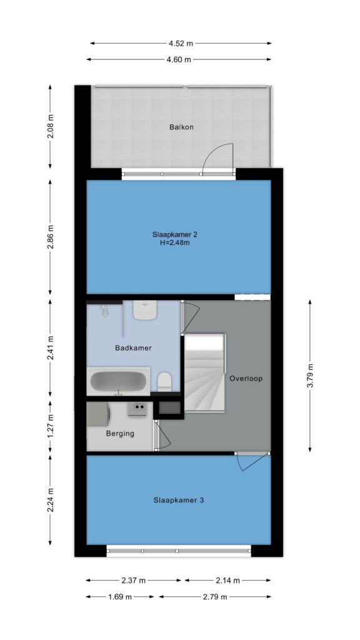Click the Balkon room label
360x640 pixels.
(181, 127)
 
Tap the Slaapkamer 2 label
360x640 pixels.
(175, 235)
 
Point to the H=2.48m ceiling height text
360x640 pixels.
(175, 244)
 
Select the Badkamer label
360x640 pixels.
(133, 348)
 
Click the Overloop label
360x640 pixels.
(246, 378)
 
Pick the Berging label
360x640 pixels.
(120, 434)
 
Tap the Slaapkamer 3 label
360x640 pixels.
(178, 500)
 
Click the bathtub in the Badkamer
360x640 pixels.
(118, 381)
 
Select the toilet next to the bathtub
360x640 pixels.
(165, 381)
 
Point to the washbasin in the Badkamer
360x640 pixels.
(145, 310)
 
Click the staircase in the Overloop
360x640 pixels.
(205, 372)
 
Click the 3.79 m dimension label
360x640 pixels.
(310, 375)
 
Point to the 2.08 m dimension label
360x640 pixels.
(50, 126)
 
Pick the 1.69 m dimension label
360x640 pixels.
(120, 597)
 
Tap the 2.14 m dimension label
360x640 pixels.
(227, 581)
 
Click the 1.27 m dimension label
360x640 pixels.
(50, 426)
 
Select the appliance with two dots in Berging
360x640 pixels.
(137, 409)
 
